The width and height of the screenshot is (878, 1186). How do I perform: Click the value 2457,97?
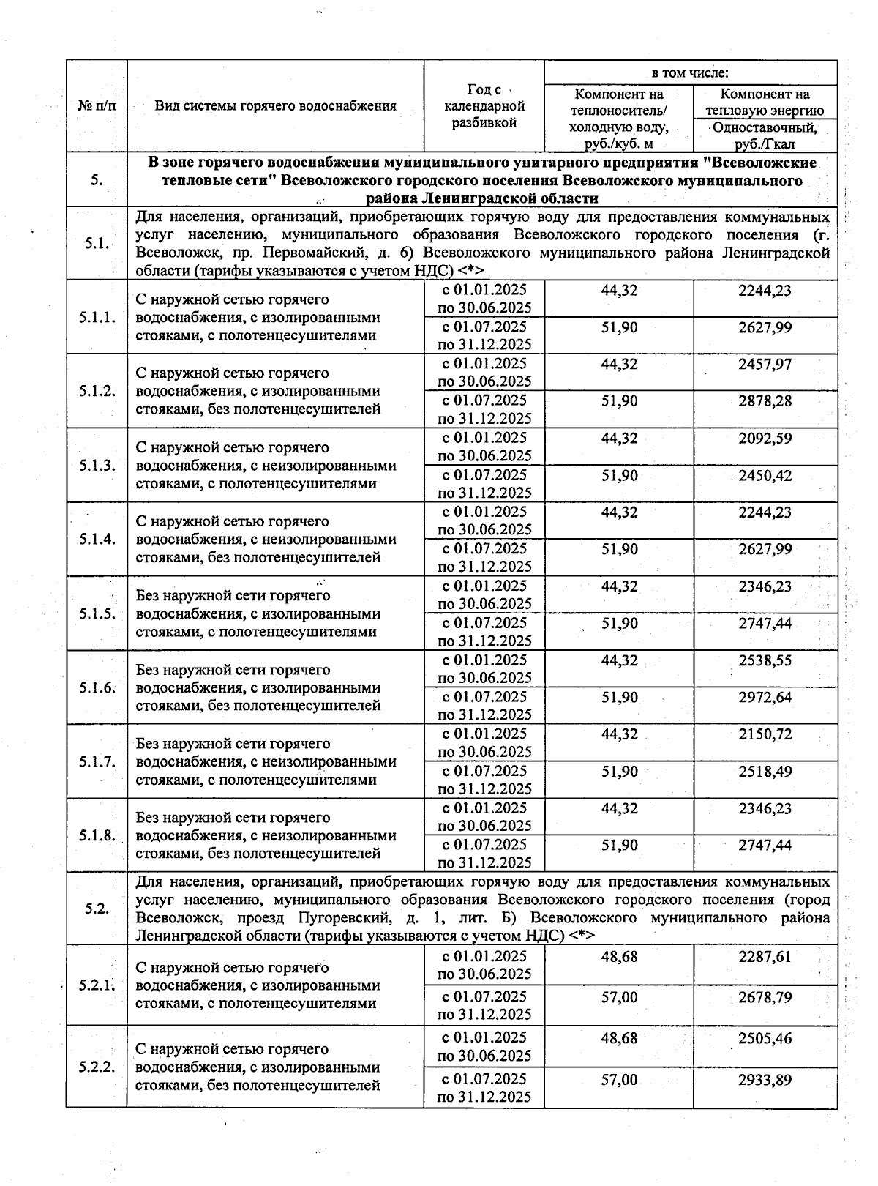tap(765, 364)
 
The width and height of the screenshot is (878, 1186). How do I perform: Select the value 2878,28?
tap(765, 401)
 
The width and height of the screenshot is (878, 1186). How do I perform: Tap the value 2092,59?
tap(765, 439)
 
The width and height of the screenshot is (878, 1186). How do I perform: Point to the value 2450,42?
tap(765, 476)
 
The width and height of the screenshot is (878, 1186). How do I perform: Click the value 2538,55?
tap(765, 660)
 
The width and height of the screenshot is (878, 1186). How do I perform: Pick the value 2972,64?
tap(765, 698)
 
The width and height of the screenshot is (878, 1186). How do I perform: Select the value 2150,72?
tap(765, 734)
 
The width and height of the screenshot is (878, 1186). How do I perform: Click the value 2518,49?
tap(765, 772)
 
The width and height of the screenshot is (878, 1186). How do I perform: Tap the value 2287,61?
tap(765, 957)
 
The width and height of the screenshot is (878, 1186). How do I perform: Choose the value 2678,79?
tap(765, 997)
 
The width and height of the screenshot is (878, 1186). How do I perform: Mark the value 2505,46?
tap(765, 1038)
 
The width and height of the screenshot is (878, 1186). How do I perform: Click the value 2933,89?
tap(765, 1080)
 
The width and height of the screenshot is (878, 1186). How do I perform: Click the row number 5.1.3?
tap(97, 466)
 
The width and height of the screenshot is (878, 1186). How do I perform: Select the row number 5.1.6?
tap(97, 687)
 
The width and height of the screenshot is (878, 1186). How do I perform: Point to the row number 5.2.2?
tap(97, 1067)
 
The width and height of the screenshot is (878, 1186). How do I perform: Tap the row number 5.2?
tap(97, 909)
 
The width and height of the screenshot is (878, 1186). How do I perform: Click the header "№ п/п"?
tap(97, 106)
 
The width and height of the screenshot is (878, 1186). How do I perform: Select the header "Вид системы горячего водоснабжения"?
tap(275, 106)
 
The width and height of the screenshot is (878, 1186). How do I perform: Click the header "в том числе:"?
tap(690, 73)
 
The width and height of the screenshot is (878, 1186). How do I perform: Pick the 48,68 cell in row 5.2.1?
tap(619, 957)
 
